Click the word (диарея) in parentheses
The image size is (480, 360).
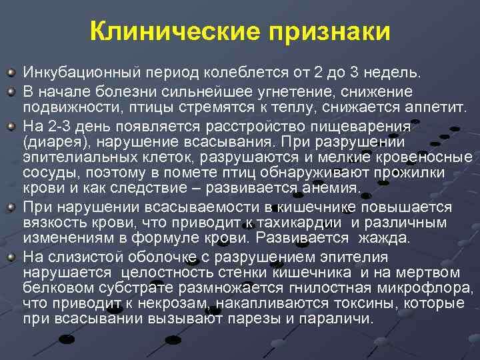50,141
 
